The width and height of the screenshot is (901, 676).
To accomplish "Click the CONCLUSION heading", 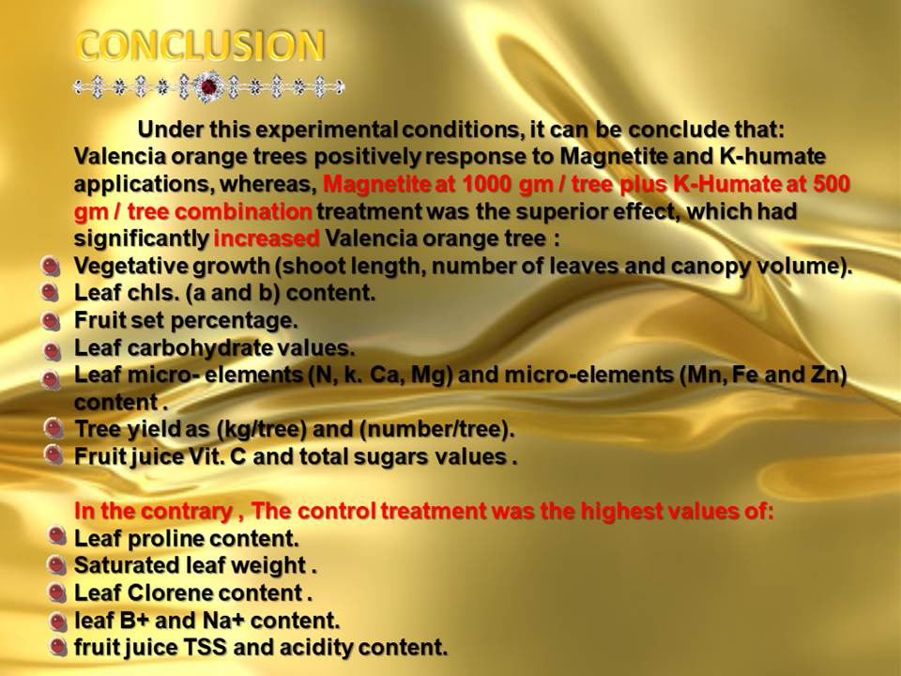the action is tap(201, 45).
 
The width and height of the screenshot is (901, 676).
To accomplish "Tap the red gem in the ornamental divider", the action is tap(208, 87).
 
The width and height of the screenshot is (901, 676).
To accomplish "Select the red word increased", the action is tap(266, 238).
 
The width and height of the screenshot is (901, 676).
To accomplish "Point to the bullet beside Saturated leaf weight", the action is tap(55, 566).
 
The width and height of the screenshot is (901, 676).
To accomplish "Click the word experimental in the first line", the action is tap(327, 130).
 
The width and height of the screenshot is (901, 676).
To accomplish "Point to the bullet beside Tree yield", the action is tap(53, 429).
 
